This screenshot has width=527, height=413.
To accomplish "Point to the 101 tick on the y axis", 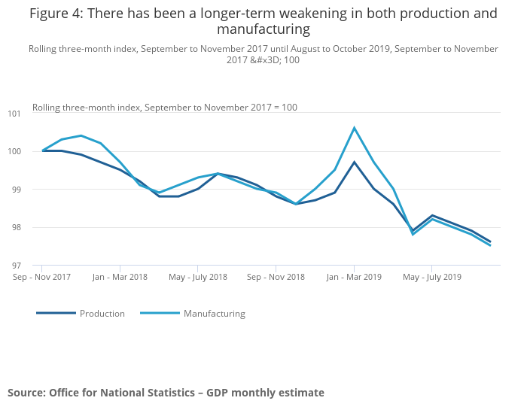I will (x=14, y=114).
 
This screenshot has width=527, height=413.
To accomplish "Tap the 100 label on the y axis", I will (x=14, y=151).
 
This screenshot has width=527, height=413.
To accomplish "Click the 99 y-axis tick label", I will (x=17, y=190).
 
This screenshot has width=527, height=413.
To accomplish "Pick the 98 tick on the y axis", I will (x=17, y=227).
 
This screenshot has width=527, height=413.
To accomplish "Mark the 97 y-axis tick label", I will (x=17, y=266).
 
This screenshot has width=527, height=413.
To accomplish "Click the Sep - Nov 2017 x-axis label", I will (x=42, y=277).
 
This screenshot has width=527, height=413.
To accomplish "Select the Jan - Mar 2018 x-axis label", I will (x=120, y=277).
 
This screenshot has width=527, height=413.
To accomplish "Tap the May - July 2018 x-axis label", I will (x=198, y=277).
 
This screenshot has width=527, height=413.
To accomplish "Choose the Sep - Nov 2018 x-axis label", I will (x=276, y=277).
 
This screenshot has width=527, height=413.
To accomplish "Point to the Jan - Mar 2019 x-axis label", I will (x=354, y=277).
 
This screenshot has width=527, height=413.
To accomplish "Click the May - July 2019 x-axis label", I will (x=432, y=277).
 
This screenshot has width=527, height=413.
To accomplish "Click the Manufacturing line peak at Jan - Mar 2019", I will (x=354, y=128).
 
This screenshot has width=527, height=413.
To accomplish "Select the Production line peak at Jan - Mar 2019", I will (x=354, y=162).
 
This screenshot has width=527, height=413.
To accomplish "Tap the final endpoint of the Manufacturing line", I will (x=490, y=245).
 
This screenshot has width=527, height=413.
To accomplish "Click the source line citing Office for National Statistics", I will (x=166, y=393).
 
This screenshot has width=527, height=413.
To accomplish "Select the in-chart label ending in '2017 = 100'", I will (x=164, y=108).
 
